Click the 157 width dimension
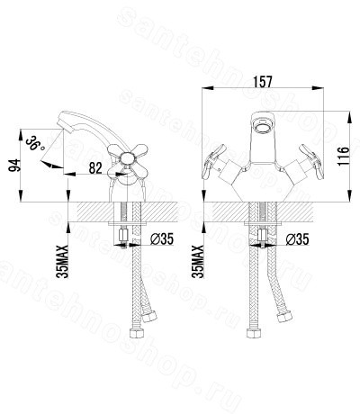263,82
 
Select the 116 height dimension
344,156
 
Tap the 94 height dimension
14,166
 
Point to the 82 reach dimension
95,168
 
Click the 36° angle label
35,144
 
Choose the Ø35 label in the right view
297,239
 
